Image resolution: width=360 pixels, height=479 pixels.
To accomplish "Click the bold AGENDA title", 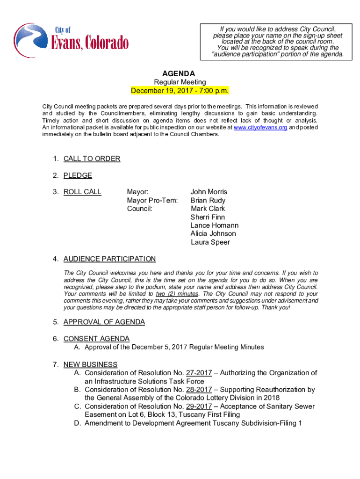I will [179, 73].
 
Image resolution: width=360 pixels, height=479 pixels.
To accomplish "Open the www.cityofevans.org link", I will [260, 127].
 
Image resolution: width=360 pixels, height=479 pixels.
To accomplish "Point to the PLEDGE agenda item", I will [78, 175].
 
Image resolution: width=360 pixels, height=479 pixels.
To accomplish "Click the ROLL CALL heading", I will [82, 192].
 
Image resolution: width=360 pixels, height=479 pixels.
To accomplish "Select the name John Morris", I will [209, 192].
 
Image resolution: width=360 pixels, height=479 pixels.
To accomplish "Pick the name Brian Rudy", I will [208, 200].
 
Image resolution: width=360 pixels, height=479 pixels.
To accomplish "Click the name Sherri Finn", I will [208, 217].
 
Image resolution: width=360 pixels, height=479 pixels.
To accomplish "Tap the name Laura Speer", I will [210, 242].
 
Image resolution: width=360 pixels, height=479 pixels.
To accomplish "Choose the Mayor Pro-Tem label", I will [152, 200].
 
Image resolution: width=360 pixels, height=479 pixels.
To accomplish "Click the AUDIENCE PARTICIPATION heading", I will [109, 259].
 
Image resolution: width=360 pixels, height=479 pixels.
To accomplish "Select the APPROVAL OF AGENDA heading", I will [104, 322].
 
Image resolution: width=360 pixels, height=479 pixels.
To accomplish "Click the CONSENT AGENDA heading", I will [96, 339].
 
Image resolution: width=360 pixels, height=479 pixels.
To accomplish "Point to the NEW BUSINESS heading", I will [90, 364].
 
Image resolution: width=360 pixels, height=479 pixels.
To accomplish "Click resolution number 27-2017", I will [199, 373].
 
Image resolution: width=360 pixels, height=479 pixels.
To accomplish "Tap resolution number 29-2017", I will [199, 406].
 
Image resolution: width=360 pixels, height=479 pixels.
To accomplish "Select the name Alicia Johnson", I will [213, 233].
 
